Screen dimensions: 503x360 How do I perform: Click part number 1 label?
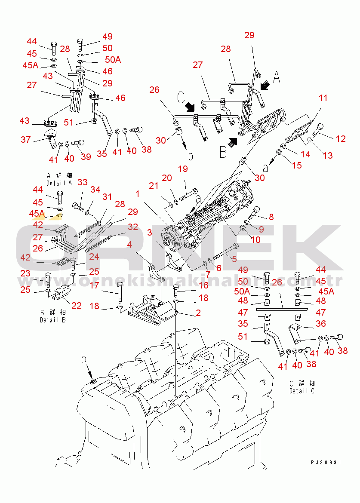click(137, 194)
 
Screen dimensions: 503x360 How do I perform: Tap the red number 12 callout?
click(341, 139)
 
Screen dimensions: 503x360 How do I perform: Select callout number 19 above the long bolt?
click(183, 169)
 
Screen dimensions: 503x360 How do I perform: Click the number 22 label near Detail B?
click(77, 305)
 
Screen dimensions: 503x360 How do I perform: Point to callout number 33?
click(82, 182)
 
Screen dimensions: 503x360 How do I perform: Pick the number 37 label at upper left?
click(26, 140)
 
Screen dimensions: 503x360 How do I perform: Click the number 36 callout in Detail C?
click(320, 324)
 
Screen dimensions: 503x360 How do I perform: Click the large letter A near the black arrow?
click(277, 77)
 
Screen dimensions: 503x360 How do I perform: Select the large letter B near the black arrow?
click(223, 151)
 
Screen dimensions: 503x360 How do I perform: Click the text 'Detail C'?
click(302, 391)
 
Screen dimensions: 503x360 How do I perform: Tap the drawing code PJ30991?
click(326, 463)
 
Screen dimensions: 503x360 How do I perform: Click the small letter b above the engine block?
click(84, 358)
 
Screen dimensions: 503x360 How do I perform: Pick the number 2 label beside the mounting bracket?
click(198, 313)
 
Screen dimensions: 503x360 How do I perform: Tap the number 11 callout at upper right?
click(323, 98)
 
